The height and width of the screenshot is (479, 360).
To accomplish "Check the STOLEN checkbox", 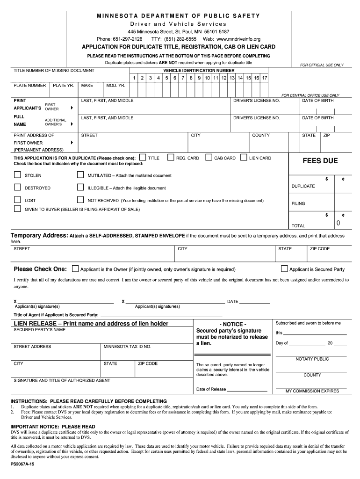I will [x=17, y=175].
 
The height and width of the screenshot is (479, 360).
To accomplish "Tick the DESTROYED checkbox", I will [x=17, y=188].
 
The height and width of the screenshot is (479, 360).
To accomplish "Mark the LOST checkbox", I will [x=17, y=200].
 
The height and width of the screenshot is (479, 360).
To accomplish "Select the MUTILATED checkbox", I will [x=80, y=175].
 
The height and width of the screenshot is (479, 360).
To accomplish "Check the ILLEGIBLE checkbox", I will [x=80, y=188].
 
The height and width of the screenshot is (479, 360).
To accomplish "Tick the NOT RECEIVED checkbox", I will [x=80, y=200].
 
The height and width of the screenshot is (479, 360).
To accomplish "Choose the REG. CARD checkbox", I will [x=171, y=158].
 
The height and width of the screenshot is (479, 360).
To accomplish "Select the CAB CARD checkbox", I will [x=209, y=158].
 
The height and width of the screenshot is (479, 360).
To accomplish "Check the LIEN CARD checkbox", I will [x=244, y=158].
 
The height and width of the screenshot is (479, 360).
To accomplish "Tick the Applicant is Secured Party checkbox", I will [x=284, y=269].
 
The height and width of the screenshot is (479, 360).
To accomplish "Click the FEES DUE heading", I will [x=320, y=161].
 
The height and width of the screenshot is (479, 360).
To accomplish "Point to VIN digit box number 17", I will [x=265, y=78].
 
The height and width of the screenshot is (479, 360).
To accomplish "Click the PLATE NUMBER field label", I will [x=30, y=86].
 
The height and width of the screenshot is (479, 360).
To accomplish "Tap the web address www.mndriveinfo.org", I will [x=238, y=39].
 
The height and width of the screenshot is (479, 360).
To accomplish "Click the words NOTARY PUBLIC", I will [x=312, y=359].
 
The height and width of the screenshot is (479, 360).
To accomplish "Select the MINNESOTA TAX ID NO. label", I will [x=127, y=347].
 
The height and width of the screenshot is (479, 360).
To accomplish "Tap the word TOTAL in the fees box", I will [x=298, y=225].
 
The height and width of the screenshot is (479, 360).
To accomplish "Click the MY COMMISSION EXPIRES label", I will [x=312, y=391].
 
